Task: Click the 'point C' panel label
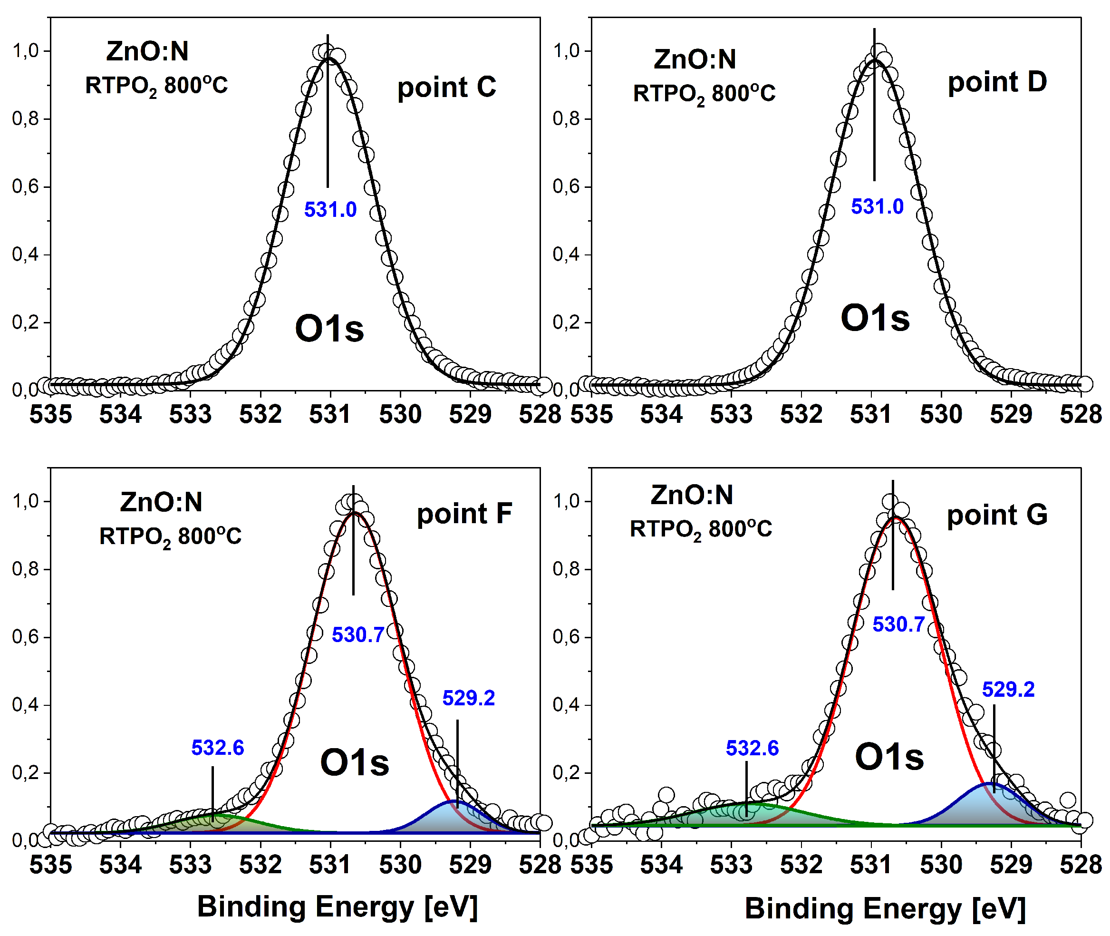coord(446,87)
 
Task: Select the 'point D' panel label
coord(997,82)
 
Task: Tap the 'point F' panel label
coord(464,514)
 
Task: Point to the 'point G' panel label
coord(997,515)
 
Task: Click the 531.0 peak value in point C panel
coord(330,210)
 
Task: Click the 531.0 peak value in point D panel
coord(877,206)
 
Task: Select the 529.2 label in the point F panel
coord(468,698)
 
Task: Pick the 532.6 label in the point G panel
coord(752,748)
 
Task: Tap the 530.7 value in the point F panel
coord(357,635)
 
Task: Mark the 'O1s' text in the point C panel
coord(329,329)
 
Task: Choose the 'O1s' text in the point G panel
coord(889,757)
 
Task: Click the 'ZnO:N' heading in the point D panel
coord(695,59)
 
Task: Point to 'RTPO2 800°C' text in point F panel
coord(170,536)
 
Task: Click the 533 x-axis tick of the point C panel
coord(191,414)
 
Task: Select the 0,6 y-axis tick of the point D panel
coord(566,187)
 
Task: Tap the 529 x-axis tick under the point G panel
coord(1011,865)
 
